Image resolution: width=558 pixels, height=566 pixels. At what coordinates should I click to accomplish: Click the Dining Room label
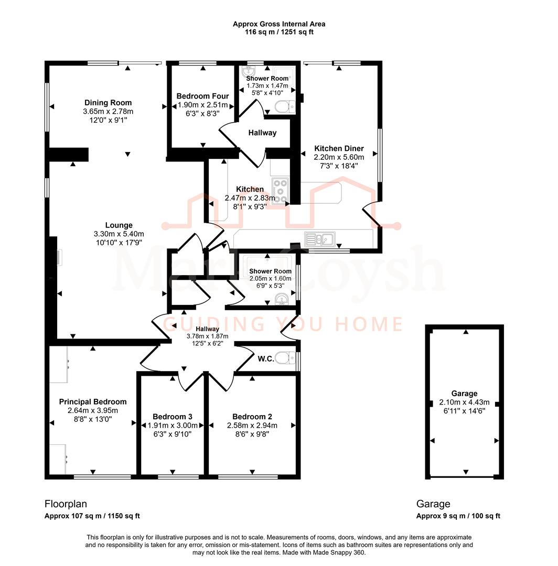[x=108, y=103]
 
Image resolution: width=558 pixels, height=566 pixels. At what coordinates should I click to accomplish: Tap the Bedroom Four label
[x=202, y=96]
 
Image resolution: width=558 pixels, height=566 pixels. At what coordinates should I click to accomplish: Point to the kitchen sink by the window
[x=320, y=239]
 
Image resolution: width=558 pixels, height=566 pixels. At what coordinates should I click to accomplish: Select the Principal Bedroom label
[x=93, y=401]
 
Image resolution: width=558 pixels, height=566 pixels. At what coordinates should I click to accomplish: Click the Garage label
[x=464, y=394]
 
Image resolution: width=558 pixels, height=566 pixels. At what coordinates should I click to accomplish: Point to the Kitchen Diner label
[x=339, y=148]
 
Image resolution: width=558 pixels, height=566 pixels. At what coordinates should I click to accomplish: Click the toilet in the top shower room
[x=284, y=107]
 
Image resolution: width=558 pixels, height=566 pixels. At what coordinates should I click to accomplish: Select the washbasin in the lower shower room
[x=282, y=299]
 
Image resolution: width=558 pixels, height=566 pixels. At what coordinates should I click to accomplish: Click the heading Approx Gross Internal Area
[x=279, y=24]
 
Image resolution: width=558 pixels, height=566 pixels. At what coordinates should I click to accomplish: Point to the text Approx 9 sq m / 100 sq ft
[x=458, y=516]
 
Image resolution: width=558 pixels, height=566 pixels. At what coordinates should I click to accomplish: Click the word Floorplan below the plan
[x=66, y=504]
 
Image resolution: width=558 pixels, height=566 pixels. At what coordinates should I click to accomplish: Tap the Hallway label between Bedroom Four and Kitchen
[x=262, y=133]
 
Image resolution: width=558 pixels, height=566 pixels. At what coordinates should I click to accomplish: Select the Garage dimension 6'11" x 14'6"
[x=464, y=411]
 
